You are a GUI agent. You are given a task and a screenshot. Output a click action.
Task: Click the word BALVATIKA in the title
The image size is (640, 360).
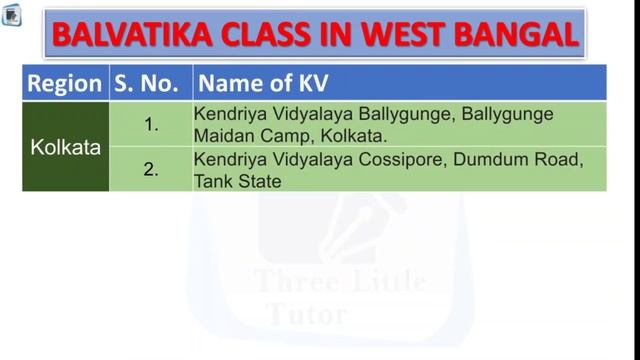[x=132, y=34]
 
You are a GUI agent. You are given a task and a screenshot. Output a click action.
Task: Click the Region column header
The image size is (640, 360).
[x=64, y=84]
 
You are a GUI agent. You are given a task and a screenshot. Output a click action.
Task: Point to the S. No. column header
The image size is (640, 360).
[x=146, y=84]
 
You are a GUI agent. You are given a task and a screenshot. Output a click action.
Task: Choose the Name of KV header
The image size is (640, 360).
[x=263, y=83]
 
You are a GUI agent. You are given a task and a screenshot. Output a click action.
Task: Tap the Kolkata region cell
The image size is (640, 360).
[x=65, y=147]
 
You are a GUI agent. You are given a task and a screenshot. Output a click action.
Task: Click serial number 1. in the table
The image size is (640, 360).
[x=151, y=124]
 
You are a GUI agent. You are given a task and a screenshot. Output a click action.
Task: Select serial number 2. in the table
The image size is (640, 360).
[x=151, y=169]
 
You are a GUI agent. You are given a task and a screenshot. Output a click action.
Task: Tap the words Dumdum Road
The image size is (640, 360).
[x=518, y=159]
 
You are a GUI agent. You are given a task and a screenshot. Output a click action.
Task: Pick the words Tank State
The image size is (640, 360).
[x=238, y=182]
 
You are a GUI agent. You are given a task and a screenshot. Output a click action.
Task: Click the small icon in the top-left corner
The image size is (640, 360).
[x=11, y=15]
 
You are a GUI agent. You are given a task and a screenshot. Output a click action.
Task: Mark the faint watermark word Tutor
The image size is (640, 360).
[x=307, y=314]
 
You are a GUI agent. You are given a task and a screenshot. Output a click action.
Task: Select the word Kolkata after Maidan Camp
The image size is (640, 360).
[x=354, y=136]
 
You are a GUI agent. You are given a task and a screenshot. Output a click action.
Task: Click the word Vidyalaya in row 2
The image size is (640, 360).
[x=313, y=160]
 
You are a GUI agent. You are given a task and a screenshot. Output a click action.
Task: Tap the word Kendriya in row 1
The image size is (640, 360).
[x=230, y=115]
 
